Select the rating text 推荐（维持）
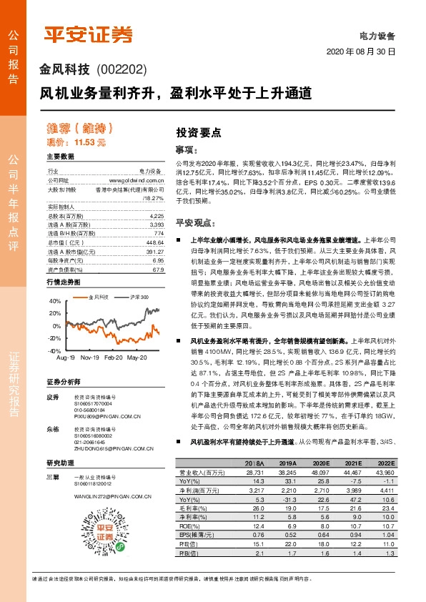(80, 129)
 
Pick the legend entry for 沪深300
(139, 296)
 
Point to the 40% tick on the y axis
(54, 302)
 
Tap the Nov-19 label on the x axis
(89, 356)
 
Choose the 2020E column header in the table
(321, 463)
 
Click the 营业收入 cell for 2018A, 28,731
(254, 473)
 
